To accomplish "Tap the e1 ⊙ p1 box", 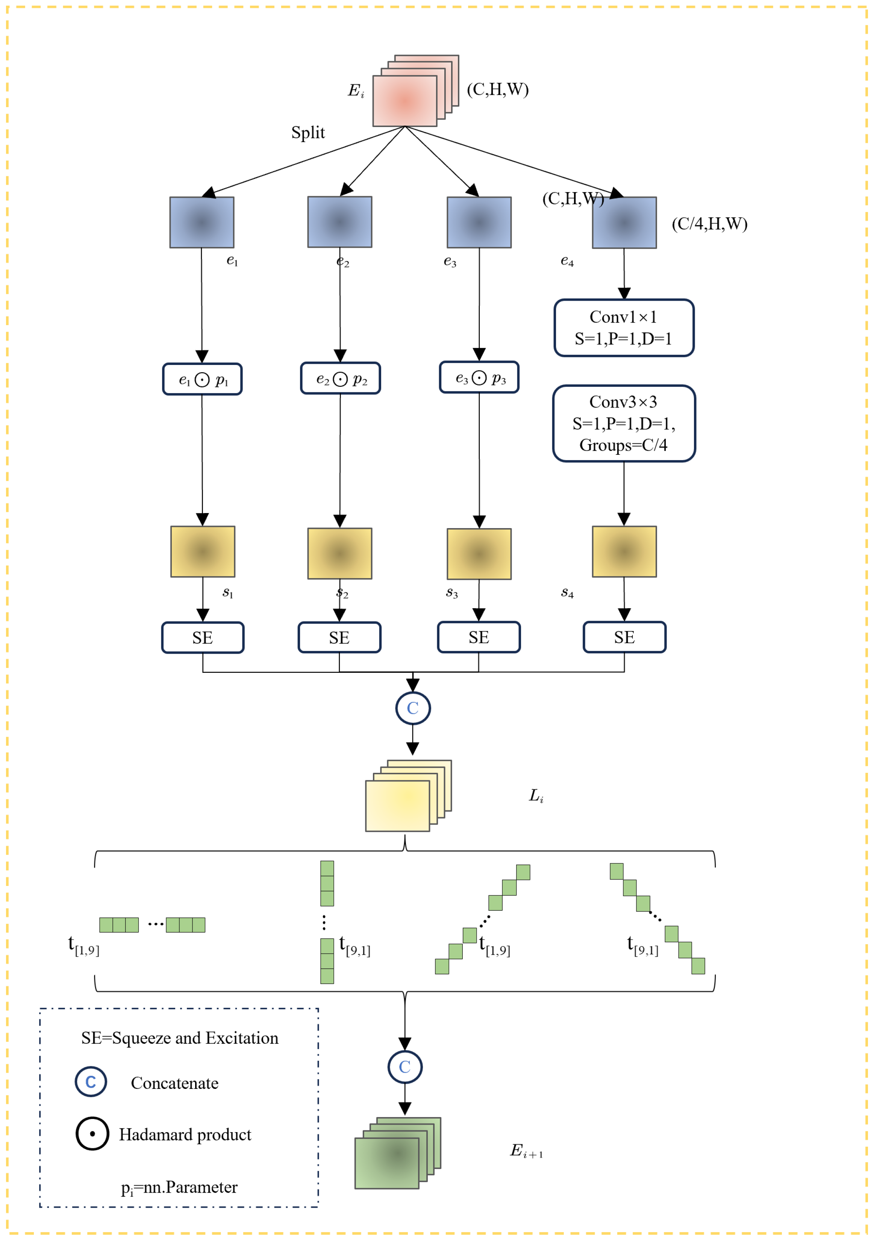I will tap(202, 380).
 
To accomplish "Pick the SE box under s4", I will tap(624, 637).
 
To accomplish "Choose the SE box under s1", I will tap(203, 638).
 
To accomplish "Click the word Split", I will tap(308, 133).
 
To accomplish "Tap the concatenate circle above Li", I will tap(413, 708).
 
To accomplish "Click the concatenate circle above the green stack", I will tap(404, 1067).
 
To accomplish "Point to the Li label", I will tap(536, 795).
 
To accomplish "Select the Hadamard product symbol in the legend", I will tap(92, 1134).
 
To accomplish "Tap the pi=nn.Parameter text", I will tap(179, 1187).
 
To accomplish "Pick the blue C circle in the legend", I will tap(91, 1082).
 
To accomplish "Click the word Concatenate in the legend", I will tap(174, 1083).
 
